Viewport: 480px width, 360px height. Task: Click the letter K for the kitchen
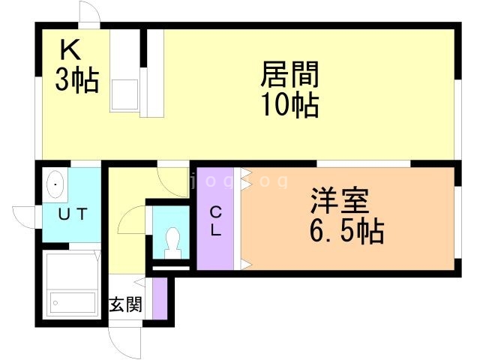[x=70, y=51]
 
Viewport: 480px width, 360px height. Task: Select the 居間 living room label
[x=290, y=74]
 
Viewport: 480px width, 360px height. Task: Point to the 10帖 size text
[x=290, y=104]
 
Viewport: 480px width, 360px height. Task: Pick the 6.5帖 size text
[x=346, y=231]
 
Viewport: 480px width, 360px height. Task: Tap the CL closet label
[x=215, y=221]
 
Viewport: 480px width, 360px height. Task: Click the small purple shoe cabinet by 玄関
[x=159, y=298]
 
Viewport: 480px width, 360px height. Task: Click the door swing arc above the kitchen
[x=88, y=13]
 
